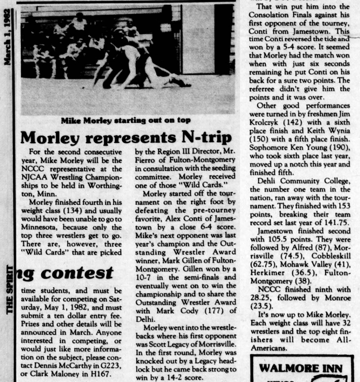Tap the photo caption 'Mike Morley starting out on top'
coord(126,120)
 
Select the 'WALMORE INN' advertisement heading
coord(301,368)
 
